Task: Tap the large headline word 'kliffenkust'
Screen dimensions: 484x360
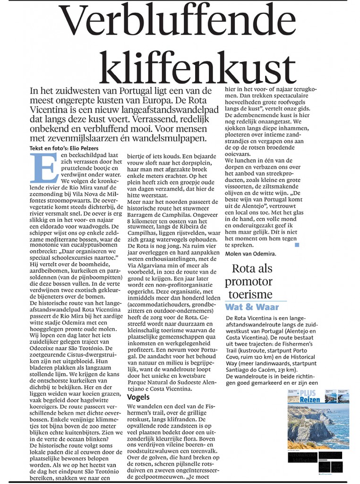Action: (191, 66)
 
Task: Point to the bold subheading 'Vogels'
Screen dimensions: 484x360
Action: (138, 397)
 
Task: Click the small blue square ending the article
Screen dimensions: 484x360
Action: (297, 245)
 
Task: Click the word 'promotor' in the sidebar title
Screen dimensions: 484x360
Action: (249, 282)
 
